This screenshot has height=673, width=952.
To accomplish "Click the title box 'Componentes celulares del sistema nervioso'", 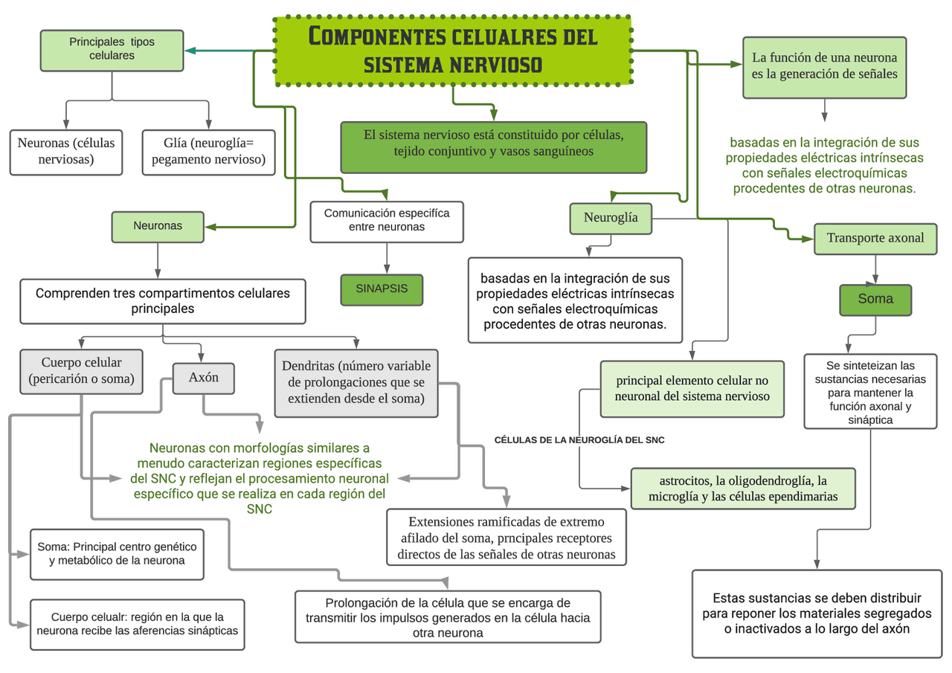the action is (453, 51).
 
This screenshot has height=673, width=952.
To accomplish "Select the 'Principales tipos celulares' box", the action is (112, 50).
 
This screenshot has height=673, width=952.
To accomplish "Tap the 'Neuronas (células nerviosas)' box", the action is (66, 152).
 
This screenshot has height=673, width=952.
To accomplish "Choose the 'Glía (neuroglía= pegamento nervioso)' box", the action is (208, 152).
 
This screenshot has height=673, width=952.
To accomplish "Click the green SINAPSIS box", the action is (382, 289).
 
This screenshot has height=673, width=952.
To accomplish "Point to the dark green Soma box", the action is (875, 300).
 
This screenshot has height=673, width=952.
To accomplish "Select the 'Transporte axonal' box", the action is (875, 239).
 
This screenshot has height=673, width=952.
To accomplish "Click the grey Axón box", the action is (203, 378).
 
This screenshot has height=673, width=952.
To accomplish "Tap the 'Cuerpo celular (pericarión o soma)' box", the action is (81, 371).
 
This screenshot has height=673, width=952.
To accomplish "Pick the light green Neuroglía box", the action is (611, 219).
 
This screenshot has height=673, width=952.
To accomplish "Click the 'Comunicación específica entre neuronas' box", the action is (386, 222).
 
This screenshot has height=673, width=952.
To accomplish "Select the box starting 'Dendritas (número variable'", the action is (356, 383).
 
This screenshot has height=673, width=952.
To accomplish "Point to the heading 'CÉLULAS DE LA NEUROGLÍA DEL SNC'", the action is (579, 439).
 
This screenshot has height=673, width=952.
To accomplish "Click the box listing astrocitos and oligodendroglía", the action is (743, 489).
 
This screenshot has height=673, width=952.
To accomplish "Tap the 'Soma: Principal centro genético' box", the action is (117, 554).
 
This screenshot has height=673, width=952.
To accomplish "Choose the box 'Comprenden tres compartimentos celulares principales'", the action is (162, 301).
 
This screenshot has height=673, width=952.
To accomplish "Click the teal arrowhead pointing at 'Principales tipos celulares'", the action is (190, 51).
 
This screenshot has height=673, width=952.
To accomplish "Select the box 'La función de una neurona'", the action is (825, 67).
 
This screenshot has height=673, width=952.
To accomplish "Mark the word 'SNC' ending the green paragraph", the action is (260, 509).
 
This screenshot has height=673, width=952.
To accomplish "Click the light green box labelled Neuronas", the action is (158, 227).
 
